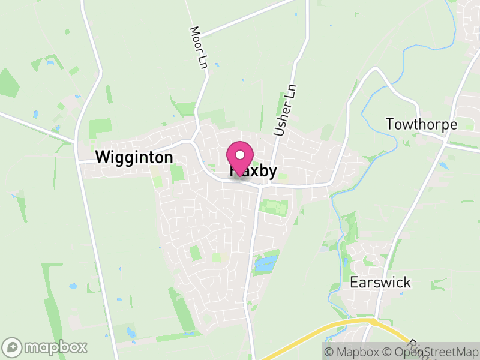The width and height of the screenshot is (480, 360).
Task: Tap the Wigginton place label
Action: pos(134,158)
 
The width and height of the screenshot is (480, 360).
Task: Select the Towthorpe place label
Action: pos(421,125)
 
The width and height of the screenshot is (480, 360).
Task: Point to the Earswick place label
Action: pos(380,282)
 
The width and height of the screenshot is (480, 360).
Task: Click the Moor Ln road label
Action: pos(198,47)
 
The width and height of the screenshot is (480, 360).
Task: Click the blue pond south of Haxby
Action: pos(266,263)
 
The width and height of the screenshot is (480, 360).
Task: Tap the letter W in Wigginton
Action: pos(102,158)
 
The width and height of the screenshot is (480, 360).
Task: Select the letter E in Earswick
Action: pos(353,282)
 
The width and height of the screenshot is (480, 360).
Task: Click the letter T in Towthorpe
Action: pos(389,125)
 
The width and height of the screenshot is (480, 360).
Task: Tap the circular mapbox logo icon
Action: pos(12,347)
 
